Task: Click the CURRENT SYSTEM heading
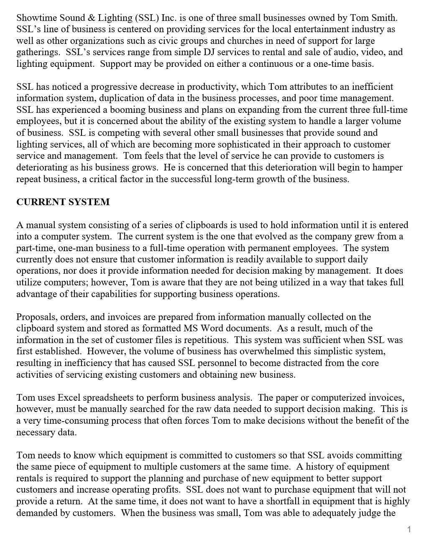click(x=63, y=202)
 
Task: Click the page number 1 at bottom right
click(x=409, y=530)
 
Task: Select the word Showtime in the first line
click(x=34, y=18)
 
